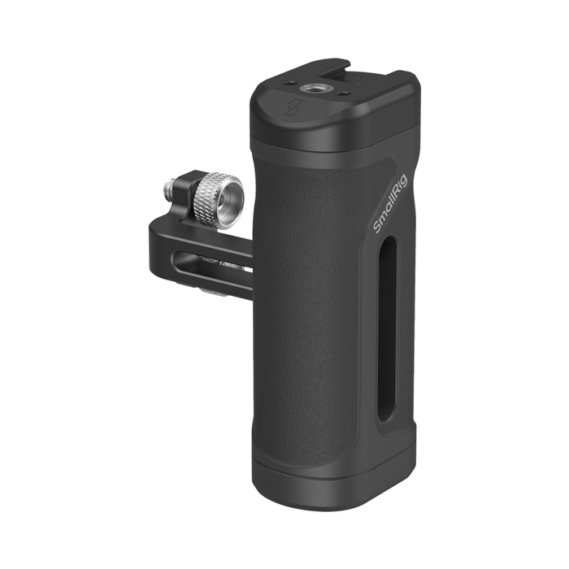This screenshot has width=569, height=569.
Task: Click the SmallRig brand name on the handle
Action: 391,203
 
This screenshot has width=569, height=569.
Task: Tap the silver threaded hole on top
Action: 312,88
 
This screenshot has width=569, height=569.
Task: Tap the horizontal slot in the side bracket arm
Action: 212,262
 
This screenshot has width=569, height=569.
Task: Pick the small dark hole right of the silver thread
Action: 341,93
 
